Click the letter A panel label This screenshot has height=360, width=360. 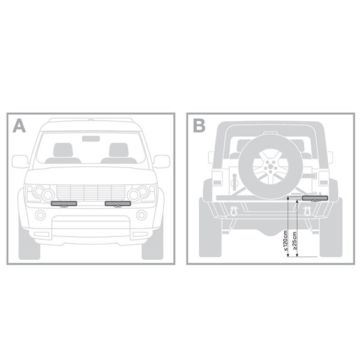click(x=19, y=126)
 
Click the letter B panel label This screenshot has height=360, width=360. click(x=199, y=126)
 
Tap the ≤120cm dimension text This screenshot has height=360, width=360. click(x=286, y=241)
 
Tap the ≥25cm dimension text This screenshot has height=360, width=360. click(x=295, y=241)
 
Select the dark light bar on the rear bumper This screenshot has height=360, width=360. click(x=315, y=198)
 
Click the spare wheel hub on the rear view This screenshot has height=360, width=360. click(x=271, y=166)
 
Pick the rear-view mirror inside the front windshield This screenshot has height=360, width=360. click(x=91, y=139)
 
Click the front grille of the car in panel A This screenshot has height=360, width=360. click(x=91, y=193)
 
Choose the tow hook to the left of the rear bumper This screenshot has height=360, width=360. click(x=234, y=211)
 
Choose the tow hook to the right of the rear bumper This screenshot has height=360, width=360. click(x=307, y=211)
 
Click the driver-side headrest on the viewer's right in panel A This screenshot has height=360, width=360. click(x=119, y=150)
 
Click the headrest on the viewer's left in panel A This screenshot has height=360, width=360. click(x=63, y=150)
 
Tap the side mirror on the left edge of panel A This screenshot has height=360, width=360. click(x=20, y=161)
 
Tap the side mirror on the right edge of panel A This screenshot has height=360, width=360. click(x=161, y=161)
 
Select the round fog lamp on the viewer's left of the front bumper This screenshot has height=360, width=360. click(x=40, y=215)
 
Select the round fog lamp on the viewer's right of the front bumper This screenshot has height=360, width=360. click(x=142, y=215)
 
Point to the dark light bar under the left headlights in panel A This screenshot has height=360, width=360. click(x=64, y=203)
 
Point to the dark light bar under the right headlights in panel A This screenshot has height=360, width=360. click(x=118, y=203)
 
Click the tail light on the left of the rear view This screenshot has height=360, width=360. click(x=217, y=178)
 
